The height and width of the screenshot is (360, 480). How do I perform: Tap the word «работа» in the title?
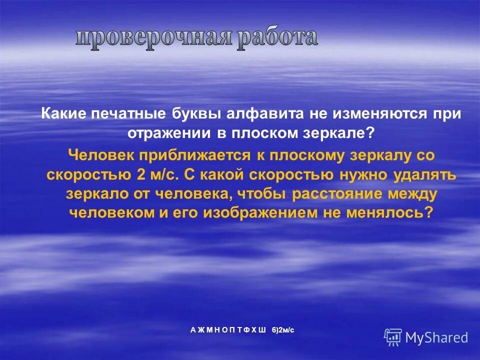pyautogui.click(x=276, y=38)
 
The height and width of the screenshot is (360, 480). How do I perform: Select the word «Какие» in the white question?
pyautogui.click(x=64, y=114)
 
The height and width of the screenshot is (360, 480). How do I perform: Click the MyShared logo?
pyautogui.click(x=426, y=337)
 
